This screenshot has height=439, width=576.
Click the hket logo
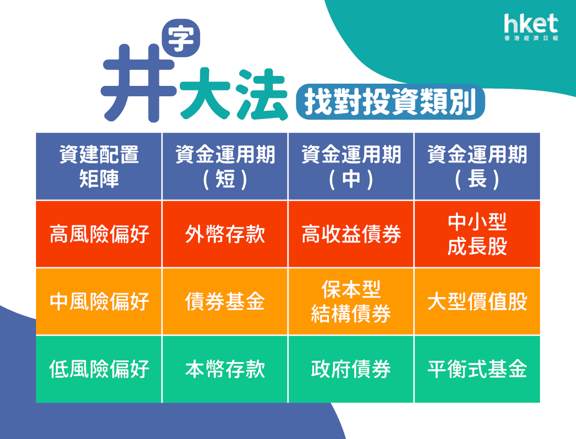tap(531, 27)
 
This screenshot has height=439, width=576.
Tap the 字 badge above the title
tap(181, 38)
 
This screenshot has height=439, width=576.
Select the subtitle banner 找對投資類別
tap(390, 102)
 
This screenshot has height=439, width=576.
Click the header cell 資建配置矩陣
tap(99, 166)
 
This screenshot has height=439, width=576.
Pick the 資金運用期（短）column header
tap(225, 166)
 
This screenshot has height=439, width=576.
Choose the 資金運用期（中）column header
tap(351, 166)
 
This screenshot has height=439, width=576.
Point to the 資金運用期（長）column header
tap(477, 166)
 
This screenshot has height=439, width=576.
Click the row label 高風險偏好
tap(99, 234)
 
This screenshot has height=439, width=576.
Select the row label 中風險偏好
tap(99, 301)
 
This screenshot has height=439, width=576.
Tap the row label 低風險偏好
tap(99, 369)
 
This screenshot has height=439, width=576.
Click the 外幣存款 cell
tap(225, 234)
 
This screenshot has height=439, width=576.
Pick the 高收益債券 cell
tap(351, 234)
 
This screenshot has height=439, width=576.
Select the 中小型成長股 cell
tap(477, 234)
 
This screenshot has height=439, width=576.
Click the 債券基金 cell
tap(225, 301)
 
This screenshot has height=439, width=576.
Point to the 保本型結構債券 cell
tap(351, 301)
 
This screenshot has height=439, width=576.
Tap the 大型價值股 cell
tap(477, 301)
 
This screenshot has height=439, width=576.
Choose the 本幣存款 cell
tap(225, 369)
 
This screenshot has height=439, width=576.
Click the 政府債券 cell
tap(351, 369)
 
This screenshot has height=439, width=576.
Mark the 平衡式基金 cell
tap(477, 369)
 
